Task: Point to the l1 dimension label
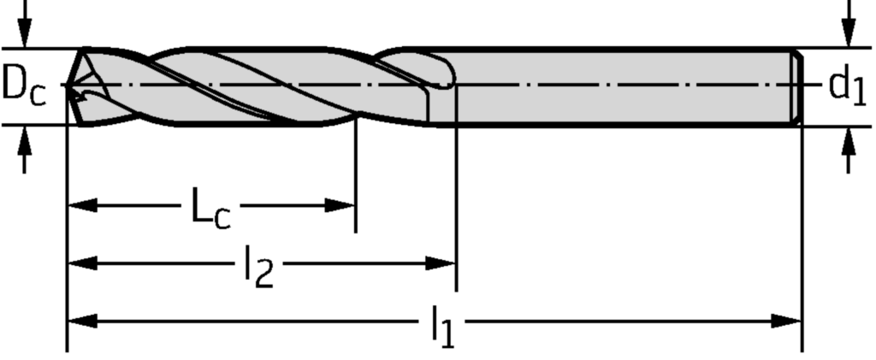click(441, 328)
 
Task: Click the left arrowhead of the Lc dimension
click(80, 205)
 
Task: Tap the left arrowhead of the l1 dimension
click(80, 322)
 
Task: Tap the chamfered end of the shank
click(796, 86)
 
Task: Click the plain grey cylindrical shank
click(624, 86)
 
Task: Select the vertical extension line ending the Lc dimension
click(354, 180)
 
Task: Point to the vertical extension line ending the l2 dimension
click(456, 197)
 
